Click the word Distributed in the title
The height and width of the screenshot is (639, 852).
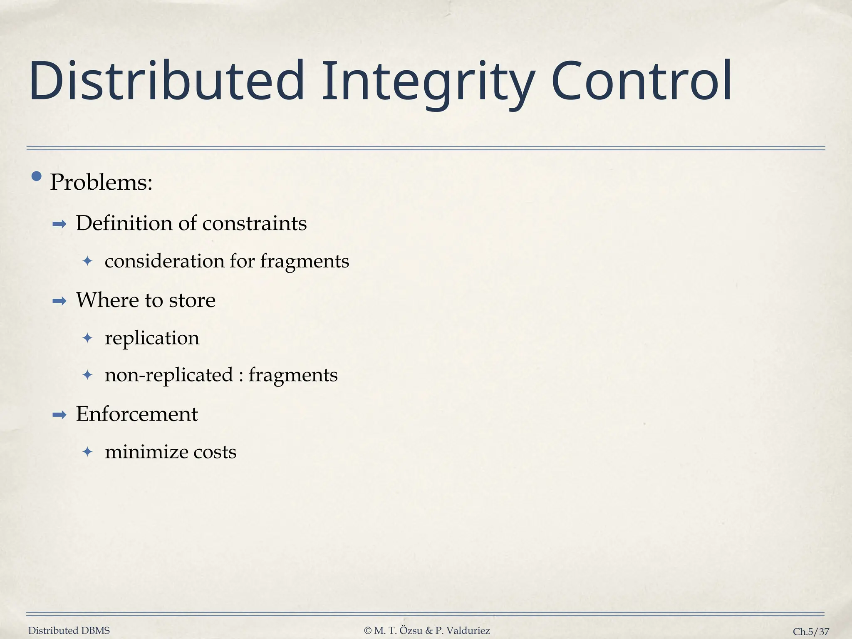pos(166,81)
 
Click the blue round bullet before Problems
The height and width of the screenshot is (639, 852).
pos(37,177)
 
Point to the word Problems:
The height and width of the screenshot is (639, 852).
pos(101,182)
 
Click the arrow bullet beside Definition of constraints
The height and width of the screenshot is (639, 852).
pos(59,225)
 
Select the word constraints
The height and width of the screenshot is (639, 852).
pos(255,223)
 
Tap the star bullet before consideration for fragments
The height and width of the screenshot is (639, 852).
pos(87,261)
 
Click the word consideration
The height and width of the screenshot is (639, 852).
pos(164,261)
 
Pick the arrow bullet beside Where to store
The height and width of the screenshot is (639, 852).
pos(59,301)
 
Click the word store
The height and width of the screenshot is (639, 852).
pos(192,300)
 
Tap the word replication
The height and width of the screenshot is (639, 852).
pos(152,338)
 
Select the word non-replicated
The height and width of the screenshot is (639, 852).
pos(168,375)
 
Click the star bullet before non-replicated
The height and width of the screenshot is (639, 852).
pos(87,375)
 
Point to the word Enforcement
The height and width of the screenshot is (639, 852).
pos(136,414)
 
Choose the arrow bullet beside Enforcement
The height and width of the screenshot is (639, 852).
pos(59,415)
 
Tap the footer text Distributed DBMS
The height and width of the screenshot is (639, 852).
pos(69,631)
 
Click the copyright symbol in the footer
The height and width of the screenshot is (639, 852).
pos(368,631)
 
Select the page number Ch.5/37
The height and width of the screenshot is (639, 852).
pos(810,632)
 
